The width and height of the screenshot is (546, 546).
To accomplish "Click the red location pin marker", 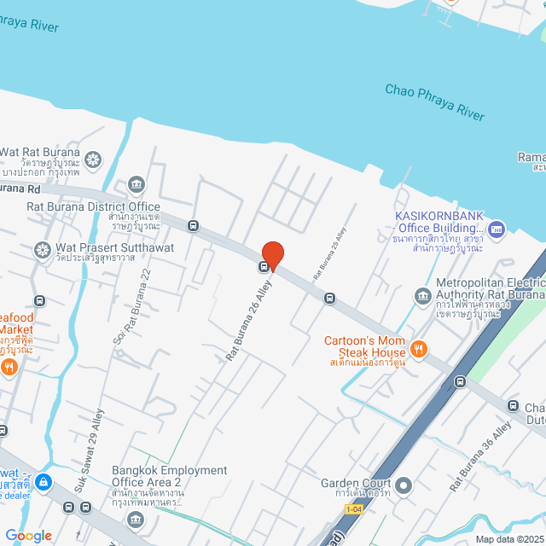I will tap(272, 255).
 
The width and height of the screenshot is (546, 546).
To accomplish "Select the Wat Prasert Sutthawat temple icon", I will tap(42, 250).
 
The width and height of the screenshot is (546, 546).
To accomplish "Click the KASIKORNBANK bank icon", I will tap(497, 229).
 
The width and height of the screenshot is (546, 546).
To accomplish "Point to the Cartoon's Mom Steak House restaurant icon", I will tap(418, 347).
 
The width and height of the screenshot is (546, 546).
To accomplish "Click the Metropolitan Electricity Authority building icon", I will tap(422, 296).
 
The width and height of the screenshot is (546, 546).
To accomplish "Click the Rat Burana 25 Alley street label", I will tap(329, 255).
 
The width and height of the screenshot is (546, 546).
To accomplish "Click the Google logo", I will tap(29, 536).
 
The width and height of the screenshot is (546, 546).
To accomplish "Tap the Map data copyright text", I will tap(508, 539).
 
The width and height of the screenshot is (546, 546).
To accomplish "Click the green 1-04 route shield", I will tap(354, 509).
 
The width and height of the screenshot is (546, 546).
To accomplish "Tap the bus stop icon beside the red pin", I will tap(264, 266).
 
